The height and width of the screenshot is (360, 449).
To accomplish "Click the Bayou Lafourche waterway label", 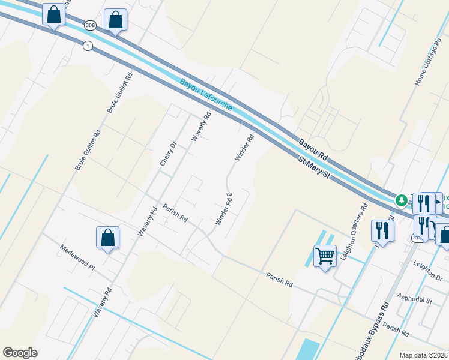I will point(205,95).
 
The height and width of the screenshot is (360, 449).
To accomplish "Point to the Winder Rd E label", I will point(223,209).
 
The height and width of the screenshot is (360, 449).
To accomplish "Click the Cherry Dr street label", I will point(167,154).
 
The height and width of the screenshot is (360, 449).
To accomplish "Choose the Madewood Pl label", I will point(77,257).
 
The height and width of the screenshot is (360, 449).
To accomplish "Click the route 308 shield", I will point(90,25).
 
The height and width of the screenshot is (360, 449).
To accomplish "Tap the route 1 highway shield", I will point(88,46).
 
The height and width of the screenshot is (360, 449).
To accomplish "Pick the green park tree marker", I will point(400,199).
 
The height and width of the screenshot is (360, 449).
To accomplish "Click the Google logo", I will point(20,353).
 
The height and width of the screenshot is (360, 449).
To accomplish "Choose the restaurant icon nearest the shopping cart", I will point(382,230).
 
